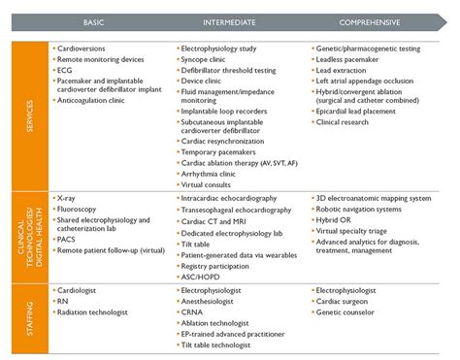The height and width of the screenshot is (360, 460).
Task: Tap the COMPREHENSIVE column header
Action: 378,21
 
